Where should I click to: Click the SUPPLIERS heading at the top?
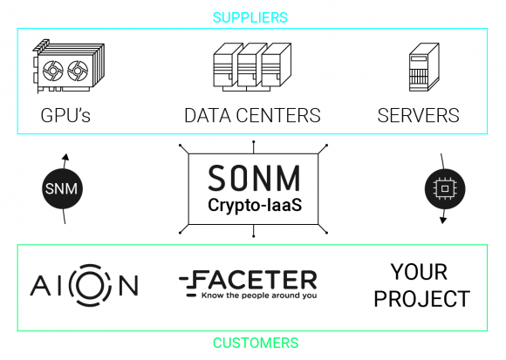coord(250,17)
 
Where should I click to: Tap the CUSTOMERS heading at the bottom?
coord(256,343)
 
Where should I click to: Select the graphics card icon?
coord(68,66)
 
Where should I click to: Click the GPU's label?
coord(65,115)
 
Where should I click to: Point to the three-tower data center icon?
coord(252,67)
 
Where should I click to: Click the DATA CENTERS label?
coord(252,115)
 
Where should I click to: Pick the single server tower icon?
coord(424,67)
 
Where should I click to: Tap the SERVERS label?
coord(418,115)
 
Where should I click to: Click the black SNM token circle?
coord(62,188)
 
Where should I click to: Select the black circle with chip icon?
coord(445,189)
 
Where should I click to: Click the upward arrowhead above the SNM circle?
coord(65,157)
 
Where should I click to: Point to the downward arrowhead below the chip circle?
coord(443,221)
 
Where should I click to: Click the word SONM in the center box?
coord(254,178)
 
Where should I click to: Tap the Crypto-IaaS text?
coord(255,205)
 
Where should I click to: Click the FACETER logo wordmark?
coord(248,280)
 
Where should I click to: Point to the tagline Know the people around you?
coord(259,295)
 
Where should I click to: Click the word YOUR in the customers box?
coord(419,272)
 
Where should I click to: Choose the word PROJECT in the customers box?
coord(421,299)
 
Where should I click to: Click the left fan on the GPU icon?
coord(53,71)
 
